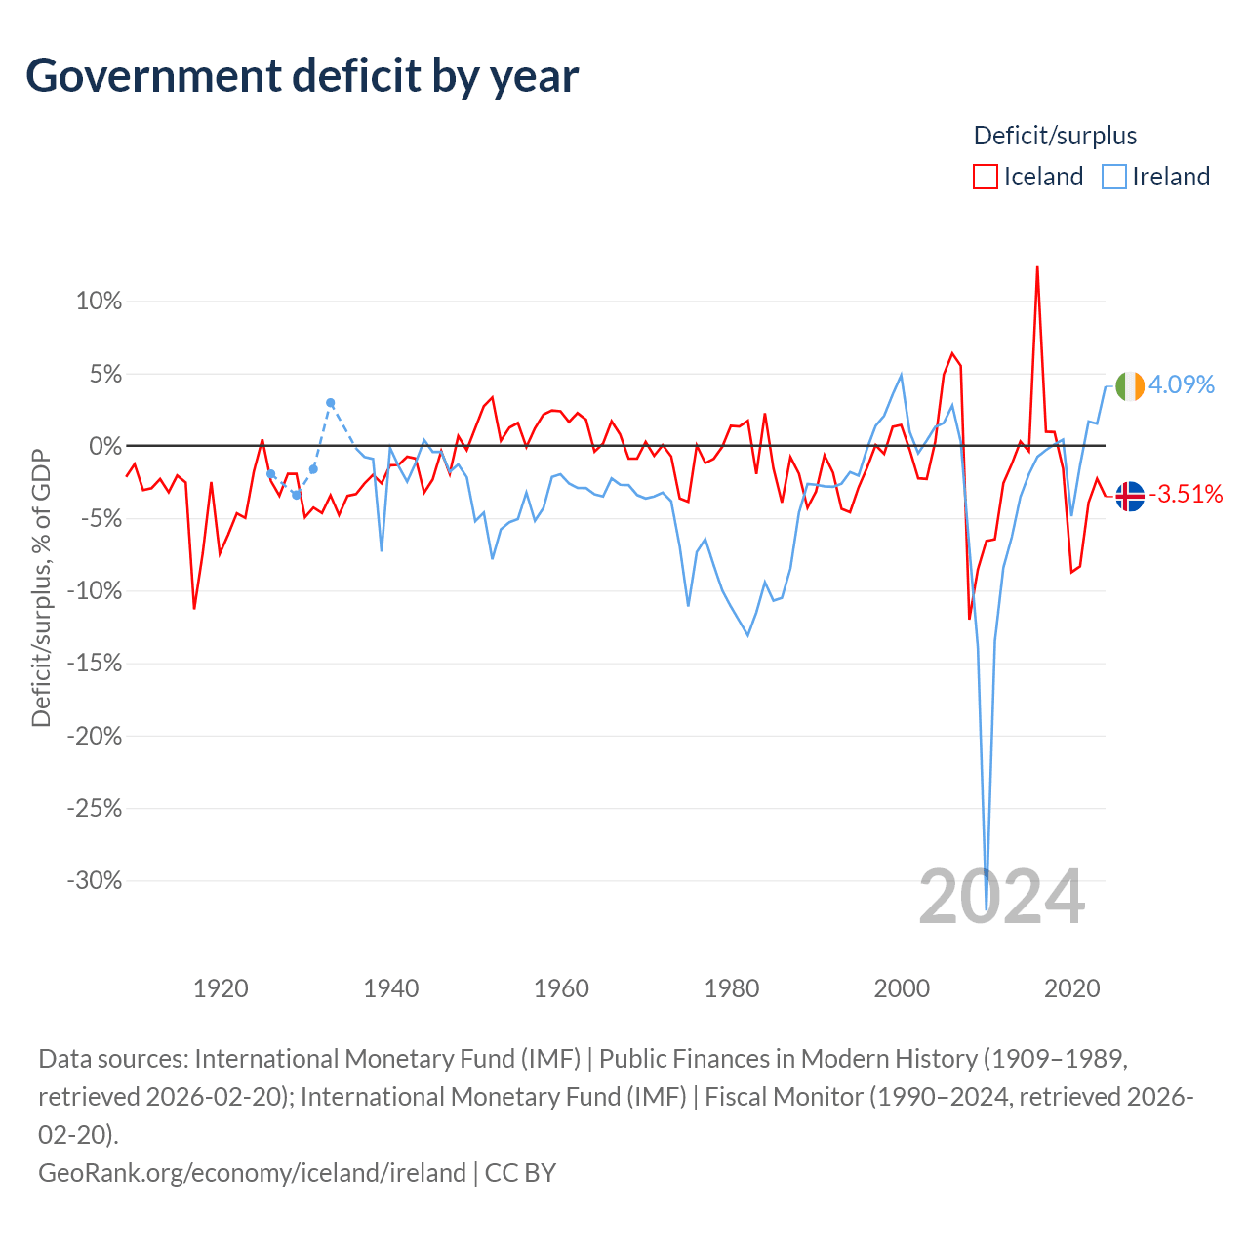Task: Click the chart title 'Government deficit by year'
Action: pyautogui.click(x=302, y=76)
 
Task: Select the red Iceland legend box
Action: pyautogui.click(x=986, y=177)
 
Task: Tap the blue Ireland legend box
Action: pyautogui.click(x=1114, y=177)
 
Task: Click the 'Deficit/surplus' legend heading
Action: pyautogui.click(x=1055, y=136)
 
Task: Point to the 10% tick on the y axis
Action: pyautogui.click(x=99, y=301)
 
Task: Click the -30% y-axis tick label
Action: pyautogui.click(x=95, y=880)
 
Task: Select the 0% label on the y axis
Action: pyautogui.click(x=105, y=446)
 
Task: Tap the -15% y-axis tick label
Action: pyautogui.click(x=95, y=664)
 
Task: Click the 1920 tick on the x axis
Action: pyautogui.click(x=222, y=988)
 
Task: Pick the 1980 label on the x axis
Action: pyautogui.click(x=732, y=988)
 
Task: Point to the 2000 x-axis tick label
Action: pyautogui.click(x=902, y=988)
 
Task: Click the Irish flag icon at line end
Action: pyautogui.click(x=1130, y=386)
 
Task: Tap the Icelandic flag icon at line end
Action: pyautogui.click(x=1130, y=497)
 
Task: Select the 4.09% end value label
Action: pyautogui.click(x=1182, y=385)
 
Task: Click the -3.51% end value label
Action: pyautogui.click(x=1187, y=495)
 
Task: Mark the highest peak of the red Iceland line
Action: pyautogui.click(x=1037, y=267)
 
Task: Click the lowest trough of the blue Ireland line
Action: pyautogui.click(x=986, y=908)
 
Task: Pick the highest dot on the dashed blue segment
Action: pyautogui.click(x=330, y=402)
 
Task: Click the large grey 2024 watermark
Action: pyautogui.click(x=1002, y=899)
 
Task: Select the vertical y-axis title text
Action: pyautogui.click(x=41, y=588)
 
